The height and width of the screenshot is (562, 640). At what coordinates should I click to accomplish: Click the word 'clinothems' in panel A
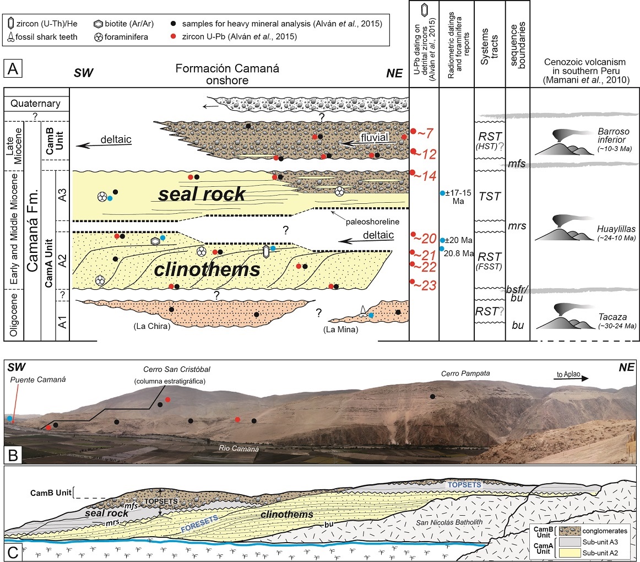tap(207, 269)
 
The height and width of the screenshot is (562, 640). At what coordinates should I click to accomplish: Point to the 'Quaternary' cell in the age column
tap(37, 104)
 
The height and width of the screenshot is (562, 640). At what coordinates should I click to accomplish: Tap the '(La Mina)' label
tap(340, 330)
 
